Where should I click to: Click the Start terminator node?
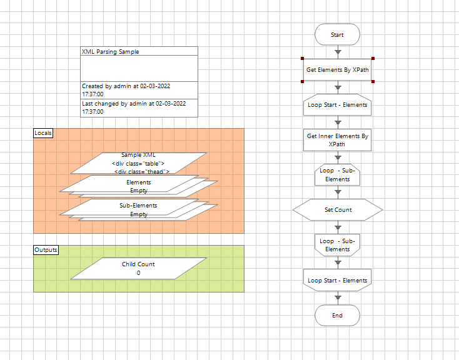click(x=337, y=35)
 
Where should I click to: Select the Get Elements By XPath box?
click(x=337, y=69)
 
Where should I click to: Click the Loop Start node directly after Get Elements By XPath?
click(x=337, y=105)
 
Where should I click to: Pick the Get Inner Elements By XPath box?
click(x=337, y=140)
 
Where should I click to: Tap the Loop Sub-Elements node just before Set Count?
click(x=337, y=175)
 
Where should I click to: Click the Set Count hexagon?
click(x=337, y=210)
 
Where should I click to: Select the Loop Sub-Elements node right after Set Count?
click(x=337, y=245)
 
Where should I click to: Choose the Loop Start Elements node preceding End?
click(x=337, y=281)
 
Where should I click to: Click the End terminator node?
click(x=337, y=316)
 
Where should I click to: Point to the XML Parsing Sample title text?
click(x=111, y=52)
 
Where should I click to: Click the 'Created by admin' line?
click(x=134, y=86)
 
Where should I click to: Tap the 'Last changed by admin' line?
click(x=134, y=104)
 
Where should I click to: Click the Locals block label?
click(x=43, y=133)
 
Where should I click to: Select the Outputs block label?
click(x=46, y=250)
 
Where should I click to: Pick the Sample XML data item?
click(x=138, y=162)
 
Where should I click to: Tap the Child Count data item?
click(x=138, y=268)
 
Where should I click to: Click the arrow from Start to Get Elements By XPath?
click(x=338, y=51)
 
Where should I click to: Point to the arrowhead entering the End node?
click(x=338, y=298)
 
